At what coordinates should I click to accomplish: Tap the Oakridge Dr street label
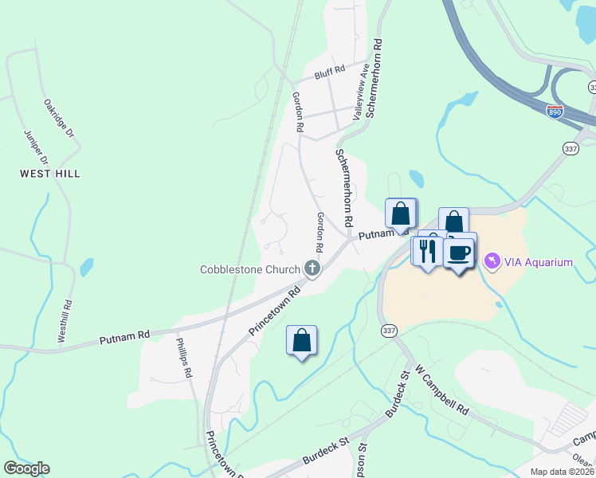tap(58, 119)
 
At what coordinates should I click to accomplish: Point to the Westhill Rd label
tap(63, 321)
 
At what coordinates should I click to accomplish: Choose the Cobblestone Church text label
tap(249, 269)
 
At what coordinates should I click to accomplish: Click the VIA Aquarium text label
tap(538, 262)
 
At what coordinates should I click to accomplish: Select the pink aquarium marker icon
tap(492, 261)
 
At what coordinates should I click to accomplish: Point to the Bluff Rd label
tap(329, 72)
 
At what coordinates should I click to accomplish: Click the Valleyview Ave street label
tap(363, 91)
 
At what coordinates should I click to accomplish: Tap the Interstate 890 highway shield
tap(555, 112)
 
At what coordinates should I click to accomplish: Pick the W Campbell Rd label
tap(441, 394)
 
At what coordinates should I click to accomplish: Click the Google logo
tap(26, 468)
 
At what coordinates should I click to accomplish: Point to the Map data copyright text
tap(562, 472)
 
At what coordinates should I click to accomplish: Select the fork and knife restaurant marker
tap(426, 252)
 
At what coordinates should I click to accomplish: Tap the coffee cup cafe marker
tap(459, 253)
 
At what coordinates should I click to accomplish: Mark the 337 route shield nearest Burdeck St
tap(388, 331)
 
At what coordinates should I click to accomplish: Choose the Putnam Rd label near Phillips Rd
tap(125, 338)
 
